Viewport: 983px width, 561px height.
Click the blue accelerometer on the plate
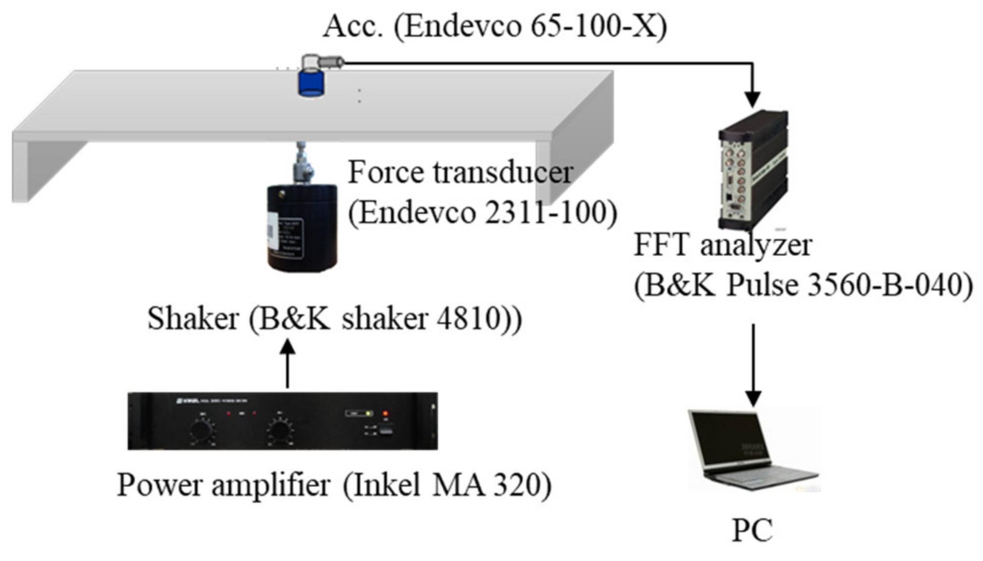tap(311, 83)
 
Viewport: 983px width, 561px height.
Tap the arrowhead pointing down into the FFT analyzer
tap(753, 99)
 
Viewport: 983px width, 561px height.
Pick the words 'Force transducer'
tap(460, 172)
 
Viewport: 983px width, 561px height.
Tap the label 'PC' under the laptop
tap(752, 530)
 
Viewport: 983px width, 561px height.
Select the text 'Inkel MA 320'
tap(446, 485)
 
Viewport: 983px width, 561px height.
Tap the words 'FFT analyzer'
tap(723, 245)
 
